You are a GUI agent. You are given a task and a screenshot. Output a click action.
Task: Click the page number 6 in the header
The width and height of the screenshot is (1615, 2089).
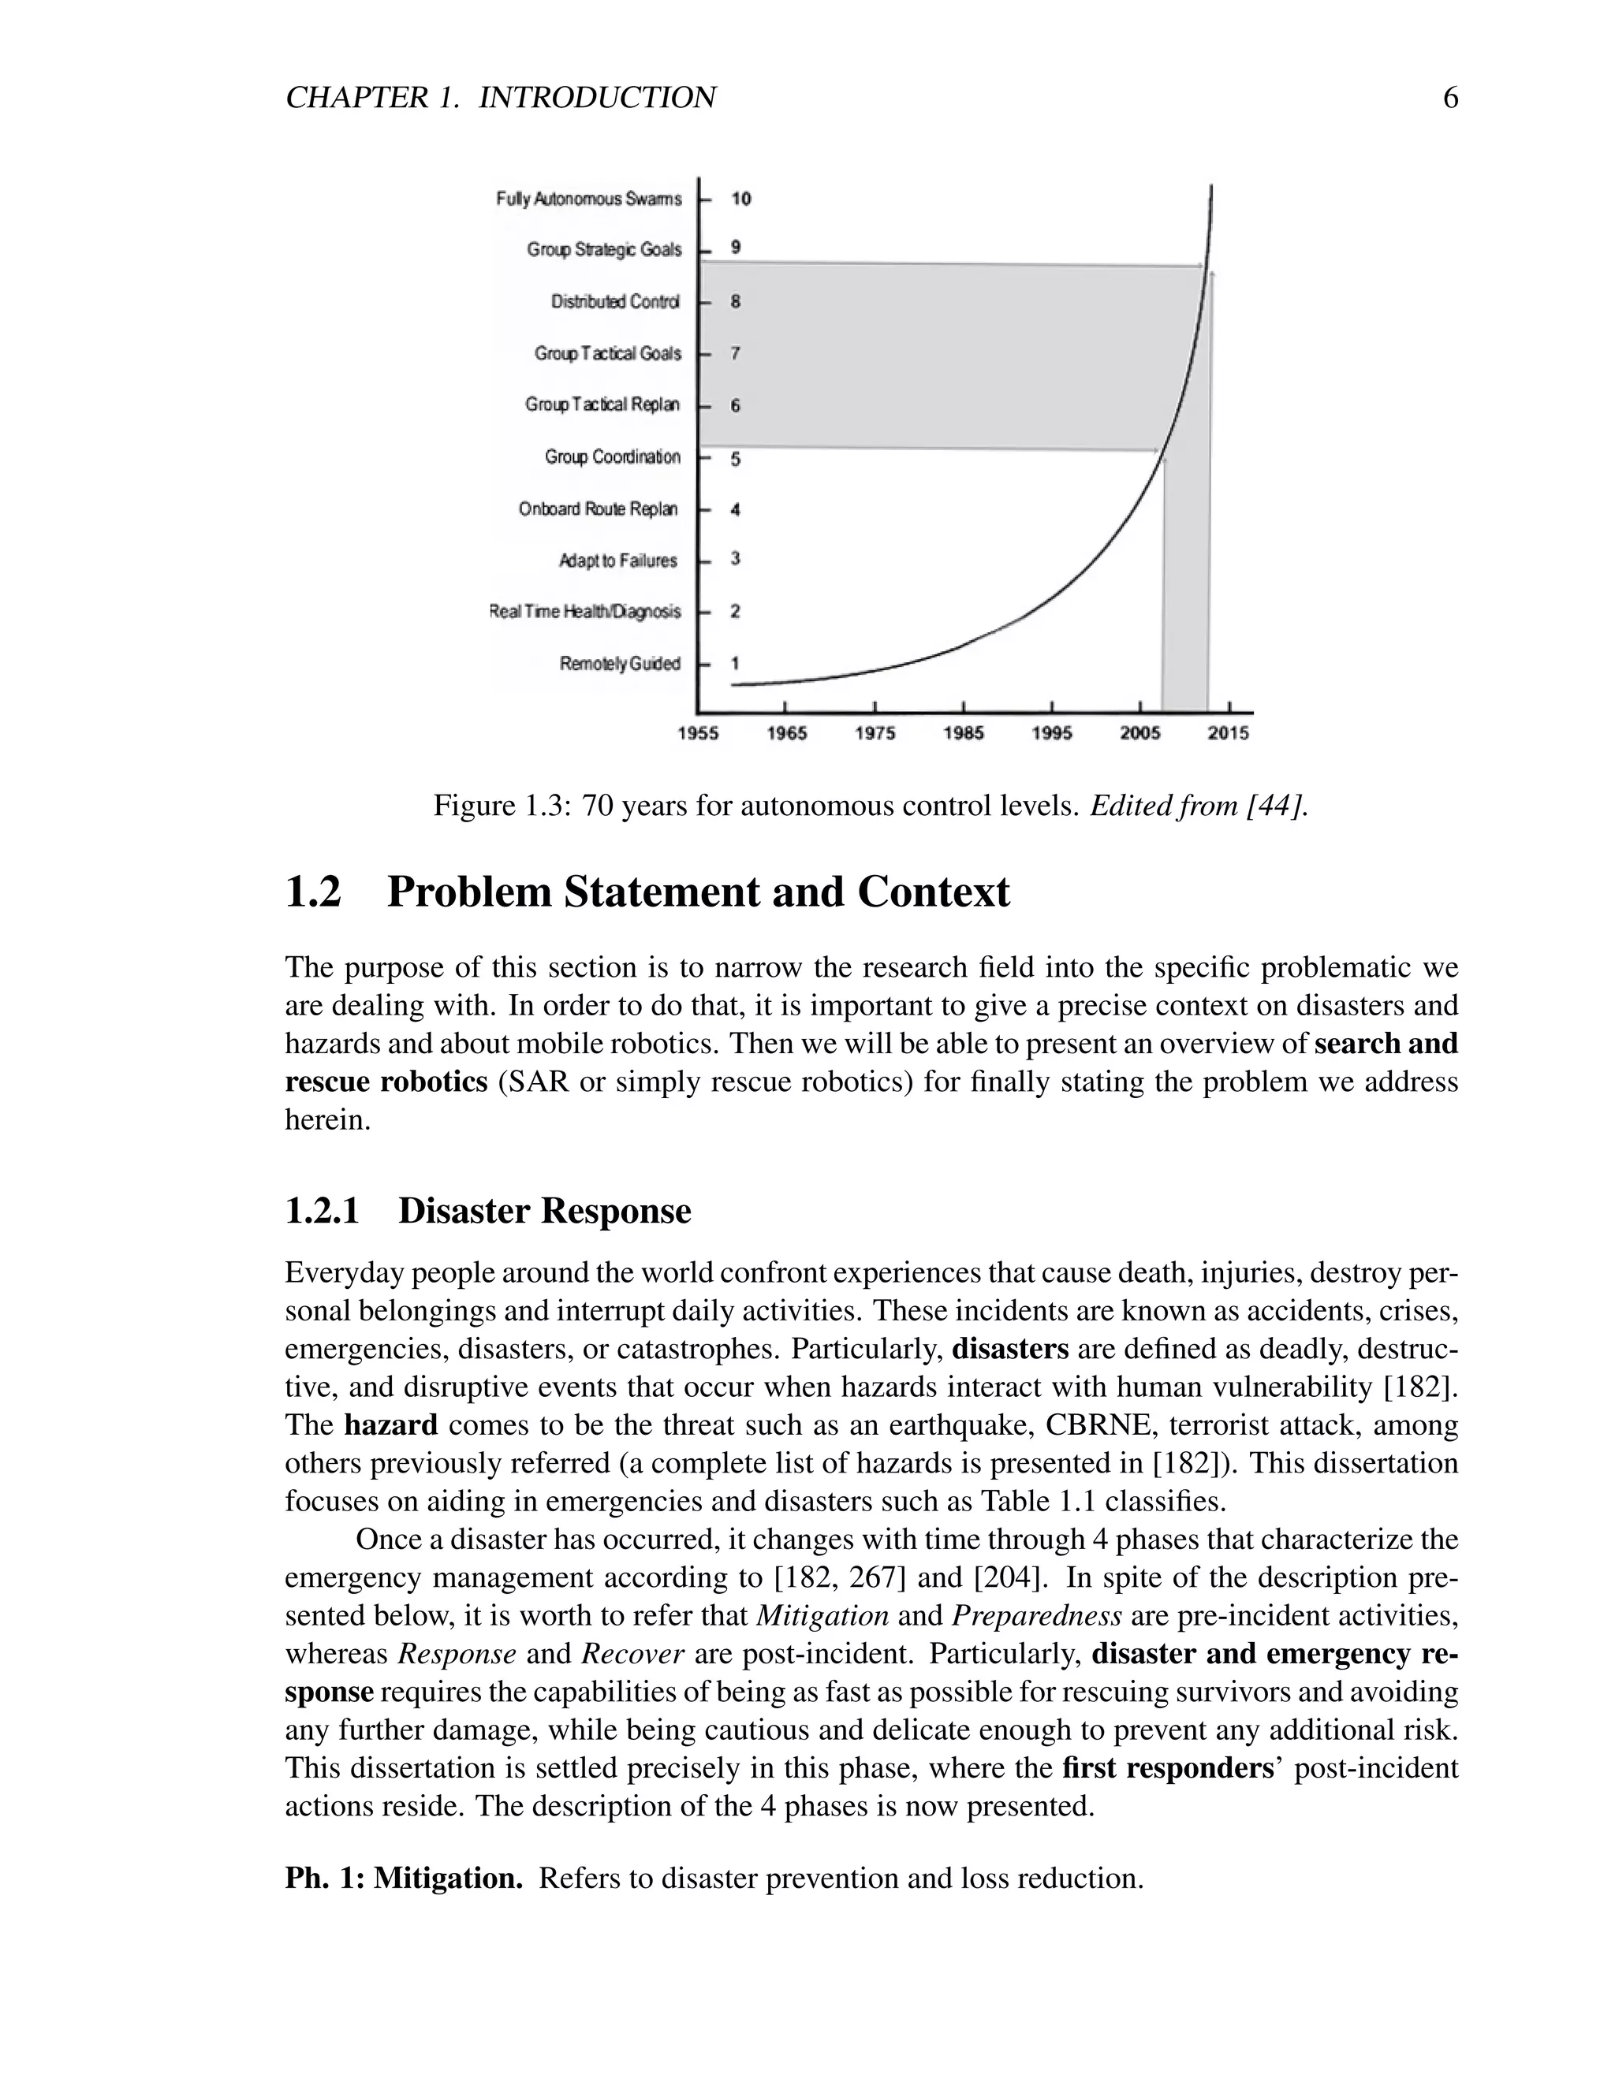(1449, 98)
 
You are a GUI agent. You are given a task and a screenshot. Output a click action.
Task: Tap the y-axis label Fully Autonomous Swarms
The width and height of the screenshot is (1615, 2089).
(588, 199)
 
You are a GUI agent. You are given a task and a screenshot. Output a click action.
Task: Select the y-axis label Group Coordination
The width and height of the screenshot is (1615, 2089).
(612, 457)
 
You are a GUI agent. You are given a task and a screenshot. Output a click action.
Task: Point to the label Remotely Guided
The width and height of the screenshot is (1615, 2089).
(619, 664)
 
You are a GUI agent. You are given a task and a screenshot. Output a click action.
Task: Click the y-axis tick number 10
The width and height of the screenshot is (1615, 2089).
(740, 199)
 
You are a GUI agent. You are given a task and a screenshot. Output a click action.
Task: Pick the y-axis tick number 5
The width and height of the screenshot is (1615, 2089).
(735, 459)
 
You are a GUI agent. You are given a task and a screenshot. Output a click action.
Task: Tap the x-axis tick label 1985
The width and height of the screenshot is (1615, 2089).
(963, 734)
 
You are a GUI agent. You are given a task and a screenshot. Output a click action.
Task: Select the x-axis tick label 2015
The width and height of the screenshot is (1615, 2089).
(1228, 734)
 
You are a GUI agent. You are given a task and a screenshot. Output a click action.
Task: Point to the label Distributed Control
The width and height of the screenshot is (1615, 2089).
(615, 302)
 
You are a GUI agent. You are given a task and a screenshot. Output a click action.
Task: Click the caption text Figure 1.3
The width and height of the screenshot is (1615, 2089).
(502, 806)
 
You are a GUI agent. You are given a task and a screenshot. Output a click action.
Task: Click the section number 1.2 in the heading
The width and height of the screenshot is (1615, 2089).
(313, 892)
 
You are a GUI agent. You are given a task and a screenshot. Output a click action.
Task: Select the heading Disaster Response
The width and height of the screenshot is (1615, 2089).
(543, 1211)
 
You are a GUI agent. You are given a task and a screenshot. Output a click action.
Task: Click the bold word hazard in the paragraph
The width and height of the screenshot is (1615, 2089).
(390, 1425)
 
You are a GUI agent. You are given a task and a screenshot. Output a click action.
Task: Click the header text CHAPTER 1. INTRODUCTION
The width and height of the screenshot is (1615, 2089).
(501, 98)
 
